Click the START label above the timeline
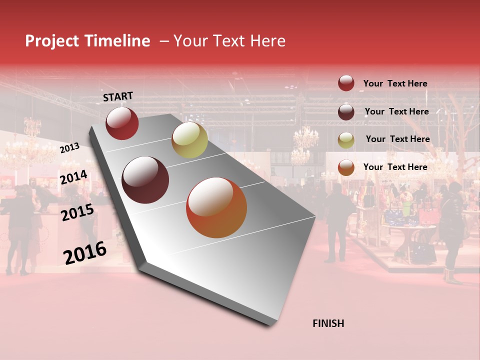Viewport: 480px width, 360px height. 118,96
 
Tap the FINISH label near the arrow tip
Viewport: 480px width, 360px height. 328,323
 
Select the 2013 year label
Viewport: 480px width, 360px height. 69,147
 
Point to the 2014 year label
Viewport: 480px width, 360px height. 73,177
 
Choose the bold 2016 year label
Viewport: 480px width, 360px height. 85,252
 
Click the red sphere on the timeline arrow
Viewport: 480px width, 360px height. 122,123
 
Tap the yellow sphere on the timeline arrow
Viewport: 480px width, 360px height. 189,140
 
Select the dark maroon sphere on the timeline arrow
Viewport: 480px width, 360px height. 145,180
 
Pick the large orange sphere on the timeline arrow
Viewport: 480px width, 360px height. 216,207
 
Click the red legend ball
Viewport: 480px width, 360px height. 346,83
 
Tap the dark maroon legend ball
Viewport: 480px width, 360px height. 346,112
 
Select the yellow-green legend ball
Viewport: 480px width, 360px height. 346,140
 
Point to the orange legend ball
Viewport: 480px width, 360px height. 346,167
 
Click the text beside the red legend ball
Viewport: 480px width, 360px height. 395,83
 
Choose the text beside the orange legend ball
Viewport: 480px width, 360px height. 395,167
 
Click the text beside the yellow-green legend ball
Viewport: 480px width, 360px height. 397,139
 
